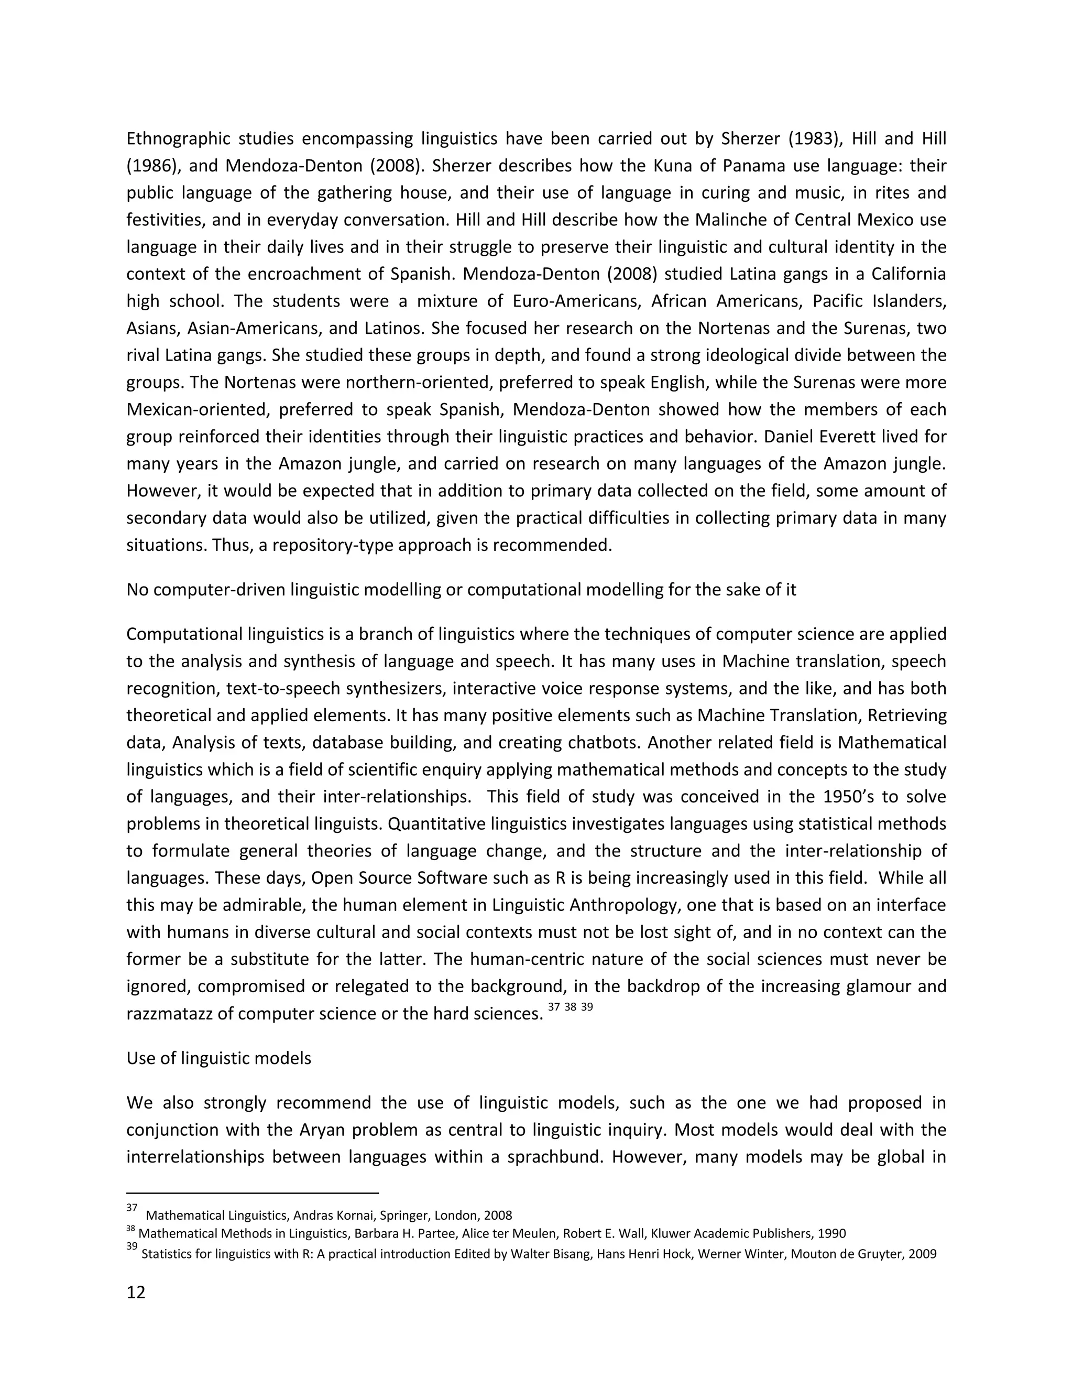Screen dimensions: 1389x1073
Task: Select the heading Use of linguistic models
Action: click(x=218, y=1058)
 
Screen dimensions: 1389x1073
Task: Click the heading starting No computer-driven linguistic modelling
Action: click(x=461, y=590)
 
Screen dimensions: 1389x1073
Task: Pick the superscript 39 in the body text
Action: click(x=586, y=1007)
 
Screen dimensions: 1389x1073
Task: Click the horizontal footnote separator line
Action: click(x=253, y=1193)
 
